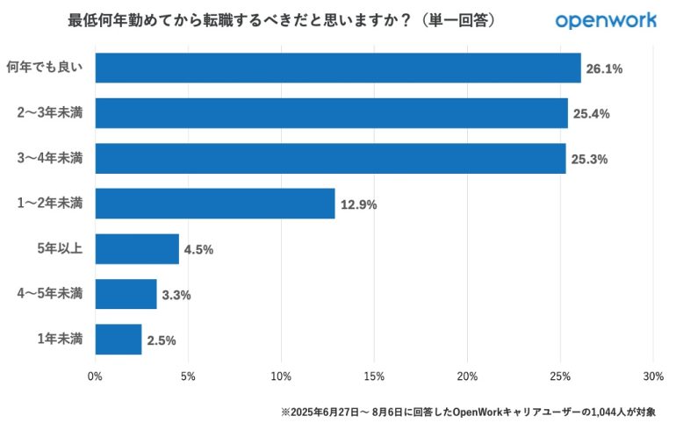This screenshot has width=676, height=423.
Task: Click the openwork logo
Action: [x=606, y=19]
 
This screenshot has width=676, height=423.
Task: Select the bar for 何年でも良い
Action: [x=338, y=68]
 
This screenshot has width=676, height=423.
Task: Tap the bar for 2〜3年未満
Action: [x=331, y=113]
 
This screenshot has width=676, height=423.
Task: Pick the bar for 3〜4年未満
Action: [x=330, y=159]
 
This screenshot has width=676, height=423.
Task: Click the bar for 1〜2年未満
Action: [x=215, y=204]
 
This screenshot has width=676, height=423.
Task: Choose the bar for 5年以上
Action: [x=137, y=248]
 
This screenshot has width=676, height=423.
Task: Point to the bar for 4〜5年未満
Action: [x=126, y=294]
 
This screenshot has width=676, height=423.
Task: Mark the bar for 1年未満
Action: [x=119, y=340]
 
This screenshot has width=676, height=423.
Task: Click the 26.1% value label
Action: [x=604, y=68]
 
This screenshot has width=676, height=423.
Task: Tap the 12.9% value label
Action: [x=358, y=204]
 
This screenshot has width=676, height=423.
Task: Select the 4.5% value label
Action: [x=198, y=249]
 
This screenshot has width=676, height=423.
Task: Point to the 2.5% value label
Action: [x=162, y=341]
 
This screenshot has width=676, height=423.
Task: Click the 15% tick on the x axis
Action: [x=374, y=376]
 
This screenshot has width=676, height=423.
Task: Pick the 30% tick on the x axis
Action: [x=652, y=376]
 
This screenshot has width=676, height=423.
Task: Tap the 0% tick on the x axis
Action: [x=95, y=376]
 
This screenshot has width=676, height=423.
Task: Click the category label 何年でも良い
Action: [x=44, y=68]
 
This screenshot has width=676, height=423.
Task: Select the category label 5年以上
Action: [x=61, y=248]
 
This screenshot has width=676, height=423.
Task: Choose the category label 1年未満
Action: [x=61, y=340]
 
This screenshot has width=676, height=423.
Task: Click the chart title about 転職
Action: [x=281, y=19]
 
